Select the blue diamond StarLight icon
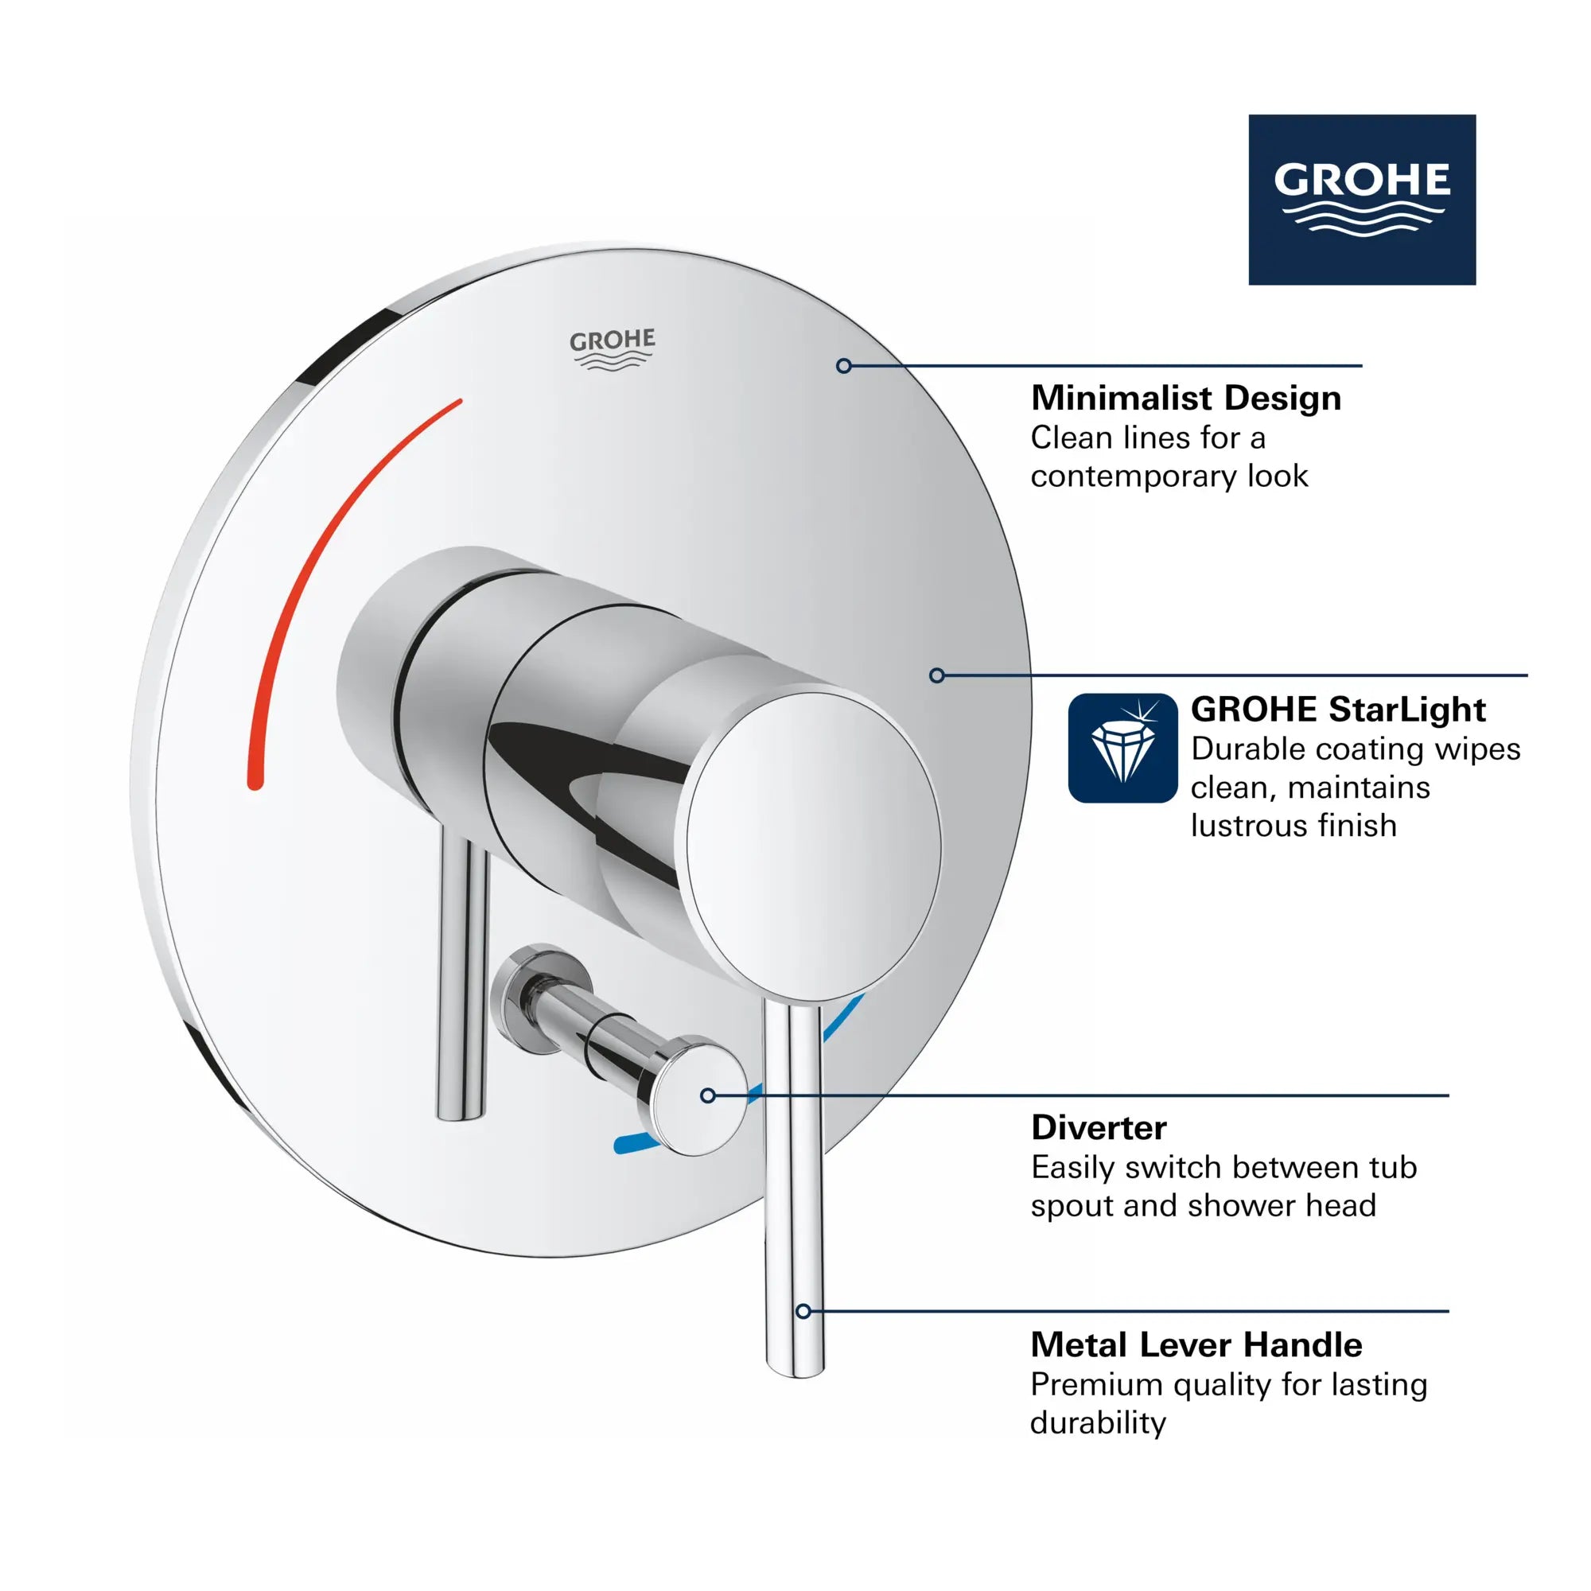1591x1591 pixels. [x=1122, y=748]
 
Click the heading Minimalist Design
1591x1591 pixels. [x=1186, y=399]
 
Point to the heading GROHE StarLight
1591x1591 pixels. [x=1338, y=709]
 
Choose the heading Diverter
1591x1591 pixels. [x=1099, y=1127]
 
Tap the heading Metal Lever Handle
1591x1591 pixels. [x=1196, y=1344]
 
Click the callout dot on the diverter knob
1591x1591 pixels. [x=707, y=1095]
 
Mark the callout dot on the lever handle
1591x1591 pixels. [x=803, y=1311]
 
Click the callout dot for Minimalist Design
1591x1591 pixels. [x=843, y=366]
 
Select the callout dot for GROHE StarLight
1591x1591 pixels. [x=936, y=675]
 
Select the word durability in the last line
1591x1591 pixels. [x=1098, y=1422]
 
